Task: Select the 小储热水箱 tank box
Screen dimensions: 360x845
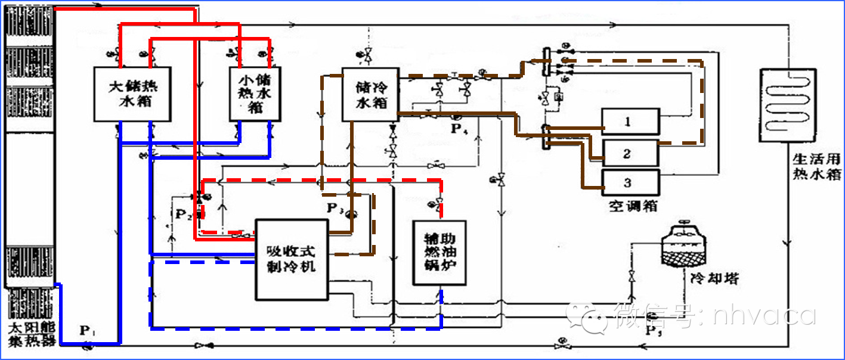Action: tap(255, 93)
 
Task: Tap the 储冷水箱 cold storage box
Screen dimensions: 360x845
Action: tap(370, 94)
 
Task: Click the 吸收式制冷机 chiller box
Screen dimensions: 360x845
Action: tap(292, 259)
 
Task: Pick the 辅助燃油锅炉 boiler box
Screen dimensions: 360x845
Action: tap(439, 252)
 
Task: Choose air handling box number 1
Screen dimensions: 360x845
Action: tap(630, 122)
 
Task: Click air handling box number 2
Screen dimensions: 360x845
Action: tap(630, 153)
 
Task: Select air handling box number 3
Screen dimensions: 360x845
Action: tap(630, 183)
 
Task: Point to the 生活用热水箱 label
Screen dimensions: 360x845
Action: tap(816, 166)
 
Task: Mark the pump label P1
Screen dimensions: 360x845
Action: tap(87, 330)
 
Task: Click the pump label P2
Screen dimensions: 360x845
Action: tap(182, 214)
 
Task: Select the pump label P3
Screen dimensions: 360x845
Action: tap(335, 208)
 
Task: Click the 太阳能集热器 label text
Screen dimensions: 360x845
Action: tap(31, 334)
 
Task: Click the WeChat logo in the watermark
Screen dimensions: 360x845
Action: tap(587, 315)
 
